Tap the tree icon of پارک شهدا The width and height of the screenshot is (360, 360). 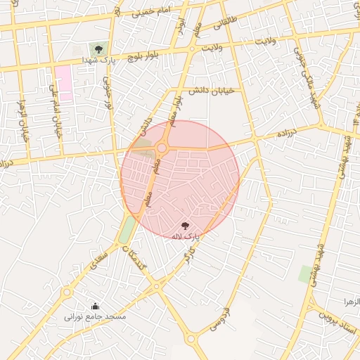[98, 49]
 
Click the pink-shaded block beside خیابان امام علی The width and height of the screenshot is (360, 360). [63, 83]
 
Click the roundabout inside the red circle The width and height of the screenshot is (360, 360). [162, 148]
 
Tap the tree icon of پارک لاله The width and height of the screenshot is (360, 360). [185, 226]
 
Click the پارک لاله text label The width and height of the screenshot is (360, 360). [186, 237]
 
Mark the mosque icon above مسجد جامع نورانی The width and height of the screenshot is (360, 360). [96, 306]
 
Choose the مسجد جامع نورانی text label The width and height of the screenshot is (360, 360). [95, 317]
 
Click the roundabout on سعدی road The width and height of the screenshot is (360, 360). [67, 291]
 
